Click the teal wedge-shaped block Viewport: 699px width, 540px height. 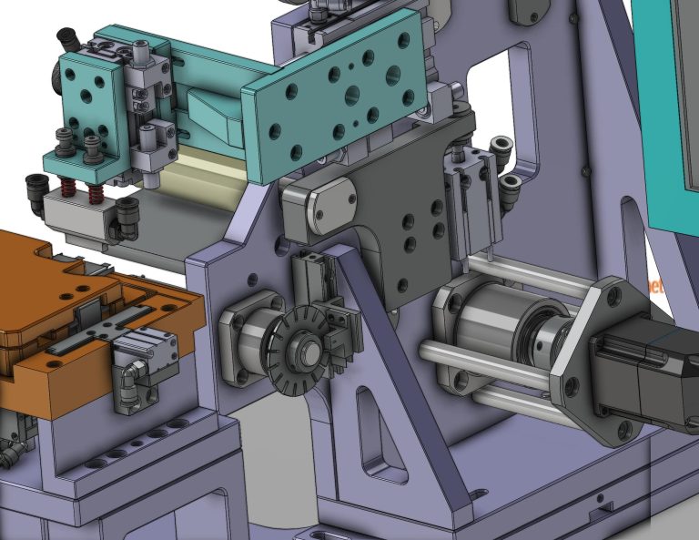[211, 117]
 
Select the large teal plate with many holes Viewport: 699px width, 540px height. [337, 91]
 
